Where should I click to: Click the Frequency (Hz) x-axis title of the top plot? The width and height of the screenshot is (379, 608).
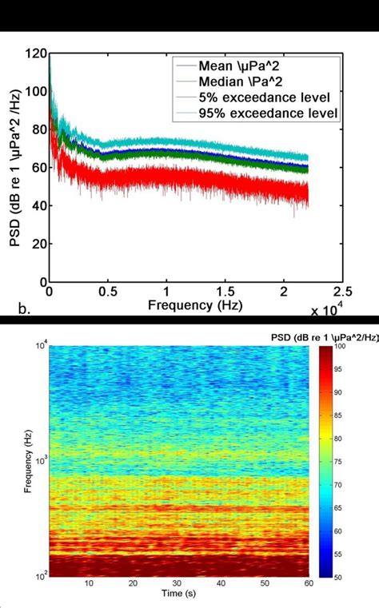(x=196, y=306)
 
